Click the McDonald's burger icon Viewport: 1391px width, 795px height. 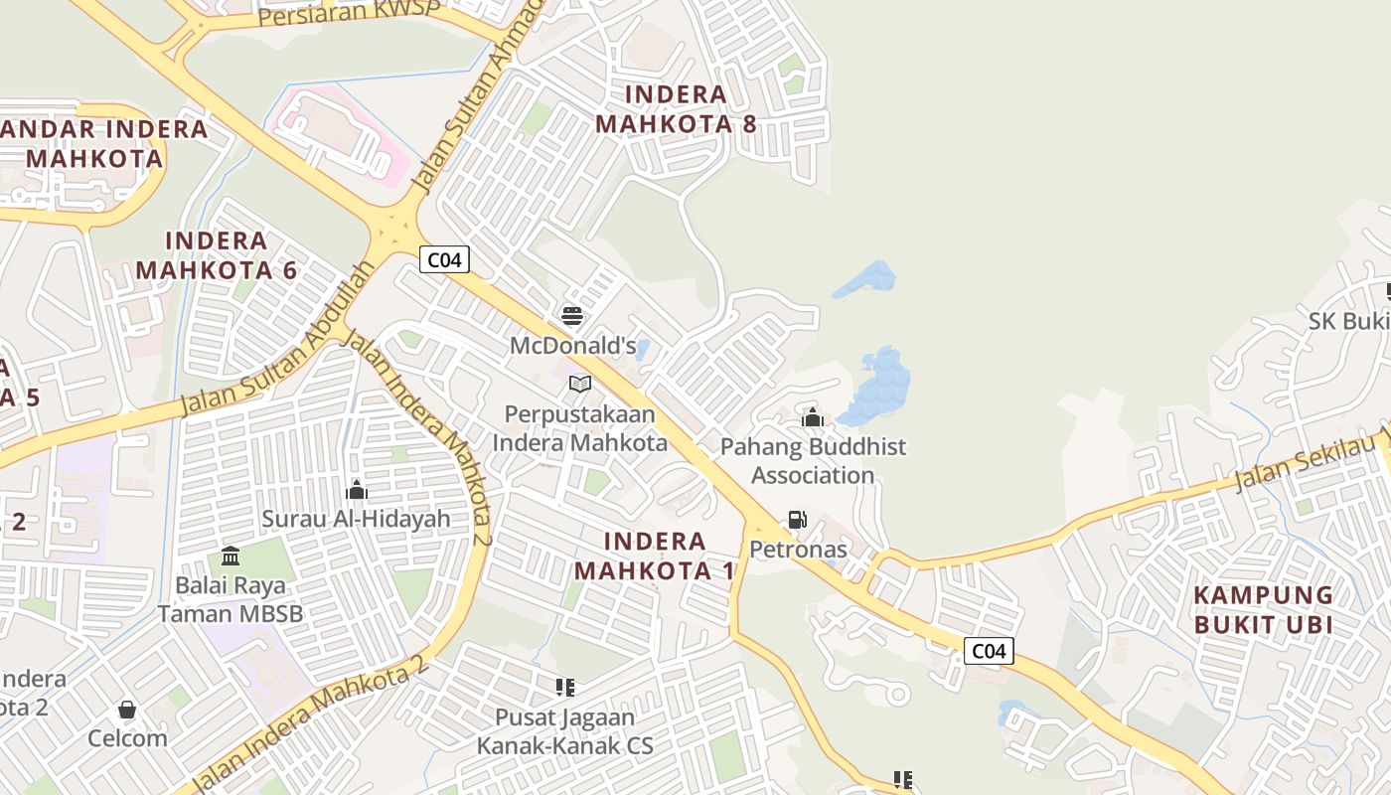pyautogui.click(x=572, y=316)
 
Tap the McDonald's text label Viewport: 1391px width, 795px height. pyautogui.click(x=572, y=346)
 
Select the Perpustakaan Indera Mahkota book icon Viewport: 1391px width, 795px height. pyautogui.click(x=580, y=384)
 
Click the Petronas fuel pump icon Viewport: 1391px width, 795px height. pyautogui.click(x=797, y=519)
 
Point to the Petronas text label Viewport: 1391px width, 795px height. pyautogui.click(x=798, y=550)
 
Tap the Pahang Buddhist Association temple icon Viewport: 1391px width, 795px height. pyautogui.click(x=813, y=417)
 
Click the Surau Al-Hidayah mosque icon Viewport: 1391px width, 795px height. pyautogui.click(x=356, y=490)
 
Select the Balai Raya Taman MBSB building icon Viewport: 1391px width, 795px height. pyautogui.click(x=231, y=556)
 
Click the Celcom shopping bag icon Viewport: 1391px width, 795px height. pyautogui.click(x=127, y=710)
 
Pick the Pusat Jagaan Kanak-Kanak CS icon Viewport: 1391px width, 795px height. pyautogui.click(x=565, y=687)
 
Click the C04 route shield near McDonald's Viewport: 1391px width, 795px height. pyautogui.click(x=443, y=260)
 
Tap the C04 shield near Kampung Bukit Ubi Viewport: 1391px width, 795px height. pyautogui.click(x=989, y=651)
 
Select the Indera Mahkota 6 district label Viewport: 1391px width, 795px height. pyautogui.click(x=217, y=255)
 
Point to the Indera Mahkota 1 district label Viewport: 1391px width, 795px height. pyautogui.click(x=655, y=556)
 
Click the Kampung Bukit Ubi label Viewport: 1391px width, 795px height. pyautogui.click(x=1263, y=610)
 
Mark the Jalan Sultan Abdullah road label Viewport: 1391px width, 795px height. pyautogui.click(x=278, y=340)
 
